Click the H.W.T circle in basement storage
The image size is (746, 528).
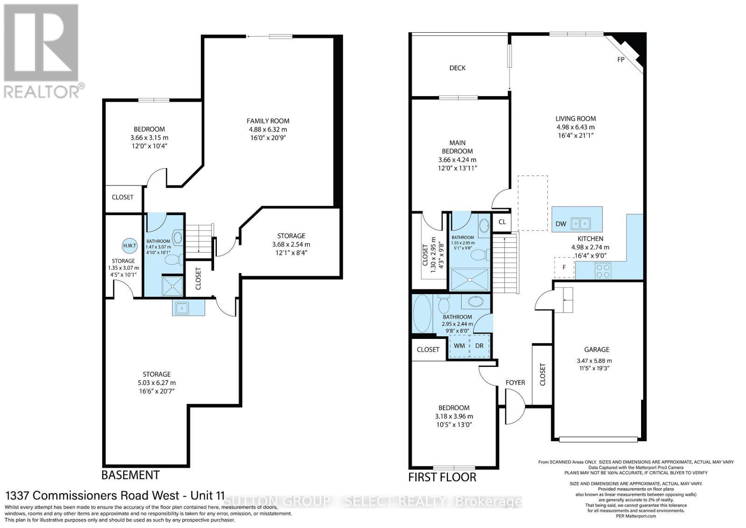pos(130,246)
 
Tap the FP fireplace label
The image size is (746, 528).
pos(621,60)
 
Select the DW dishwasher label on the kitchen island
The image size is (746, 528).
pos(561,224)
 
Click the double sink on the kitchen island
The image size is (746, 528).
pos(580,223)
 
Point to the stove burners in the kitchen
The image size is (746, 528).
pos(603,270)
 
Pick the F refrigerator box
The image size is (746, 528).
pos(564,268)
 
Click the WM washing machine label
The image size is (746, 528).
pos(459,345)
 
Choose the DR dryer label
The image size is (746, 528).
pos(479,345)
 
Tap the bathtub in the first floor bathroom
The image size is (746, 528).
pos(422,313)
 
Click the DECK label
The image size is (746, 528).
pos(457,68)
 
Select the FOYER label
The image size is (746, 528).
pos(515,382)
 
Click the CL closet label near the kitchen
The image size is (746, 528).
pos(502,222)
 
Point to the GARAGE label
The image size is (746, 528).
pos(596,350)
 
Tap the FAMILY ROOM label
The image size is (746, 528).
pos(268,121)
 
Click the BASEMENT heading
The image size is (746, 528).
pos(131,475)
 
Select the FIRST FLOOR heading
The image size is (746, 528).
pos(442,477)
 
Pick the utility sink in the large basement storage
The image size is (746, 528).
pos(182,308)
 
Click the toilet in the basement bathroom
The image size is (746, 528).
pos(173,260)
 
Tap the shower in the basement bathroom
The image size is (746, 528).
pos(173,286)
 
